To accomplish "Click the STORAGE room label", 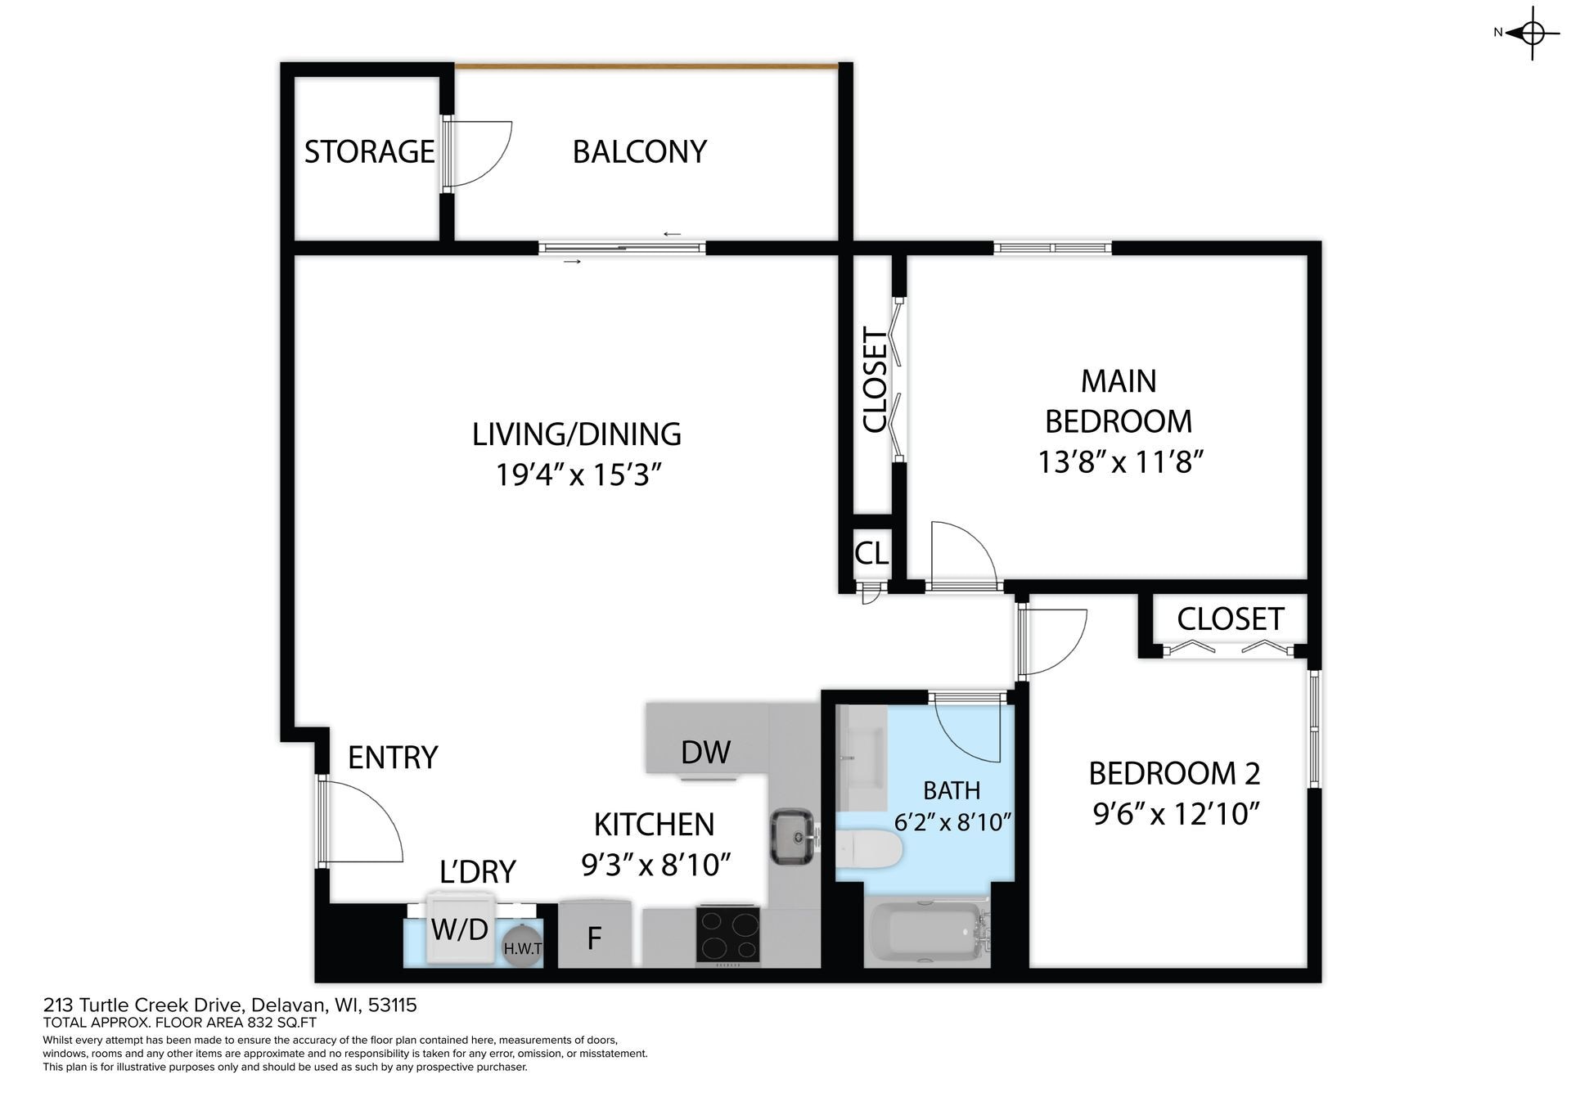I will click(369, 151).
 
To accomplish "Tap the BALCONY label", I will click(639, 151).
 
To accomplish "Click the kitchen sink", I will click(791, 835).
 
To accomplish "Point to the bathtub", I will click(929, 933).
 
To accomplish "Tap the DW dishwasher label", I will click(705, 752).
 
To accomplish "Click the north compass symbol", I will click(1532, 34).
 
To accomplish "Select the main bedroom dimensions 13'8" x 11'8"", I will click(1120, 462).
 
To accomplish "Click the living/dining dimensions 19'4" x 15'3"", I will click(577, 475).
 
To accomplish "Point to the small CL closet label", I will click(871, 553).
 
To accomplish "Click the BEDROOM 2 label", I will click(1174, 773).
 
